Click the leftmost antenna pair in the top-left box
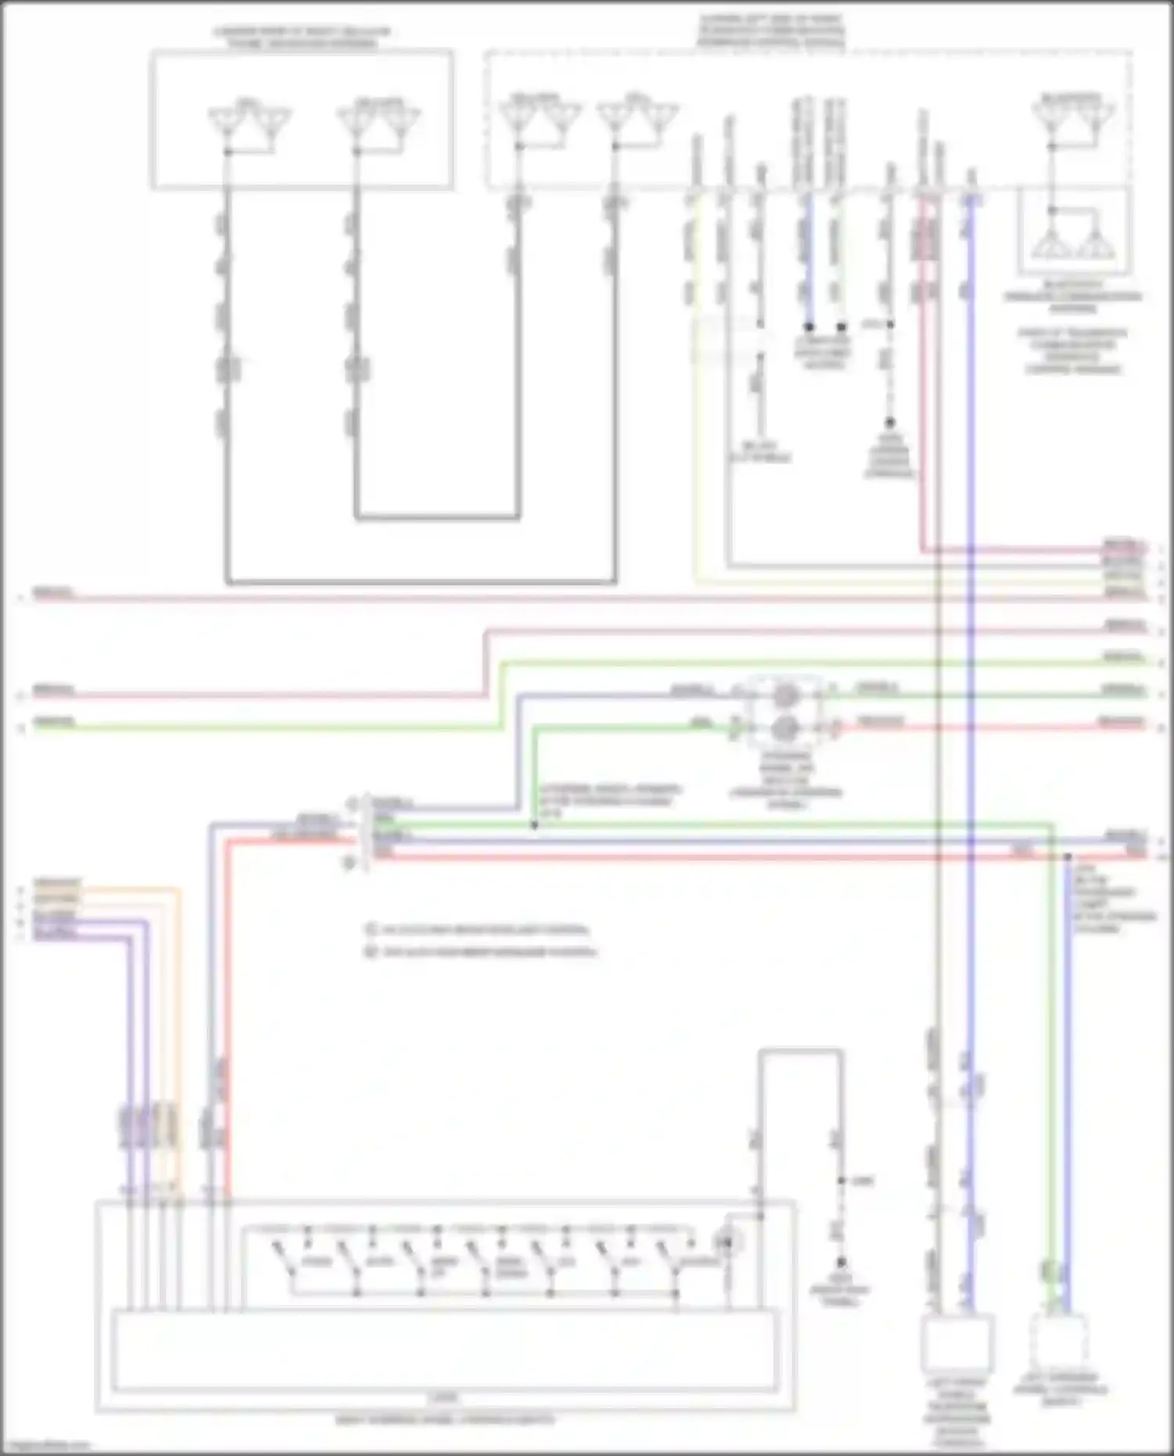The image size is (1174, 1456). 249,123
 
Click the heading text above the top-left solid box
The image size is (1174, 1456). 302,38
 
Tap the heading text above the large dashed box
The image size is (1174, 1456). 771,31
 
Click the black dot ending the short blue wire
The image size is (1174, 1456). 809,326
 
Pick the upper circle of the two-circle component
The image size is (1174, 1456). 785,695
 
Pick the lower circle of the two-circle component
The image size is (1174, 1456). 785,729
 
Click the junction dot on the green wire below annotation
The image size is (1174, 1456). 535,825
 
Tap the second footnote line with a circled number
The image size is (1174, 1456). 481,952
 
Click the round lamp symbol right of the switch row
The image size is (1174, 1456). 729,1241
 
